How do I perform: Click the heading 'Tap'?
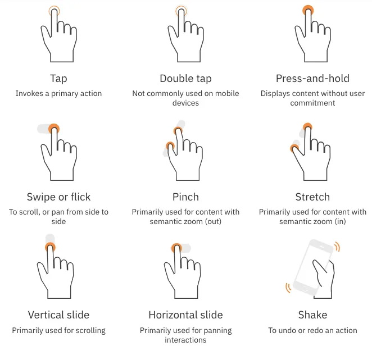pyautogui.click(x=58, y=79)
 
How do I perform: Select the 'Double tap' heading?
pyautogui.click(x=185, y=79)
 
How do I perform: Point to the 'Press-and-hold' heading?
pyautogui.click(x=312, y=79)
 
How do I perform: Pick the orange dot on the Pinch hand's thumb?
pyautogui.click(x=170, y=145)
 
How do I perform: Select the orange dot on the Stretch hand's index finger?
pyautogui.click(x=308, y=126)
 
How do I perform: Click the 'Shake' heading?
pyautogui.click(x=312, y=315)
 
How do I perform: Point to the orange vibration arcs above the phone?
pyautogui.click(x=338, y=247)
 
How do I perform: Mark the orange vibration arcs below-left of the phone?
pyautogui.click(x=288, y=288)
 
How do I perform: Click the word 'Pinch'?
pyautogui.click(x=185, y=197)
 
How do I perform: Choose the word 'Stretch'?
pyautogui.click(x=312, y=197)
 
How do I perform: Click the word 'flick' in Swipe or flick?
pyautogui.click(x=81, y=197)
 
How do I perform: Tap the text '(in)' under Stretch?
pyautogui.click(x=340, y=221)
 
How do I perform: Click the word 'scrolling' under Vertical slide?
pyautogui.click(x=90, y=331)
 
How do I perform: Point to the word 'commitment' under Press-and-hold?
pyautogui.click(x=312, y=103)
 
